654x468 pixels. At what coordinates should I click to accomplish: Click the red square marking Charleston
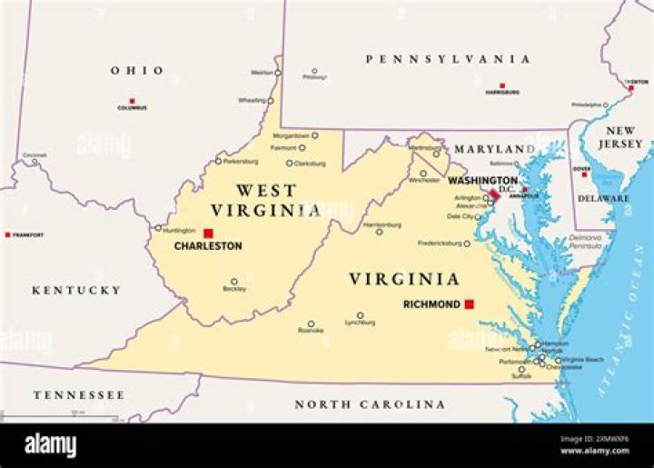208,234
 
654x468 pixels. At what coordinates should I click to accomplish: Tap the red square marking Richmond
470,304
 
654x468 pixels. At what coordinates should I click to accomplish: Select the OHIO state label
137,71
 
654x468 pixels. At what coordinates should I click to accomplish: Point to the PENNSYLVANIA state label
448,59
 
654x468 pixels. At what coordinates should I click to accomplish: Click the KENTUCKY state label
75,290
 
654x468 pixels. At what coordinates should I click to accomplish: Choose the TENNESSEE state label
79,395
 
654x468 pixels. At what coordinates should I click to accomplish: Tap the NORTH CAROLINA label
369,404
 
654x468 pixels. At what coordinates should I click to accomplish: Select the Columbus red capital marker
132,101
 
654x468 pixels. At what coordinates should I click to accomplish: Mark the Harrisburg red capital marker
501,85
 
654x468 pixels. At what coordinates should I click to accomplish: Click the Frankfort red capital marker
8,234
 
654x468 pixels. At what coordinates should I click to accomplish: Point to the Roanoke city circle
311,324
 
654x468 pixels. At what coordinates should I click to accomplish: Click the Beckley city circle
233,282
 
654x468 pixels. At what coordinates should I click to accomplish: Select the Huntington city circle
158,228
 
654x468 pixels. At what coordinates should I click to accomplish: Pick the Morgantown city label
291,135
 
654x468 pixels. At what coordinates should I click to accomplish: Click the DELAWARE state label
603,198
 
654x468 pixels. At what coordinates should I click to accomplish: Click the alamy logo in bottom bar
50,445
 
